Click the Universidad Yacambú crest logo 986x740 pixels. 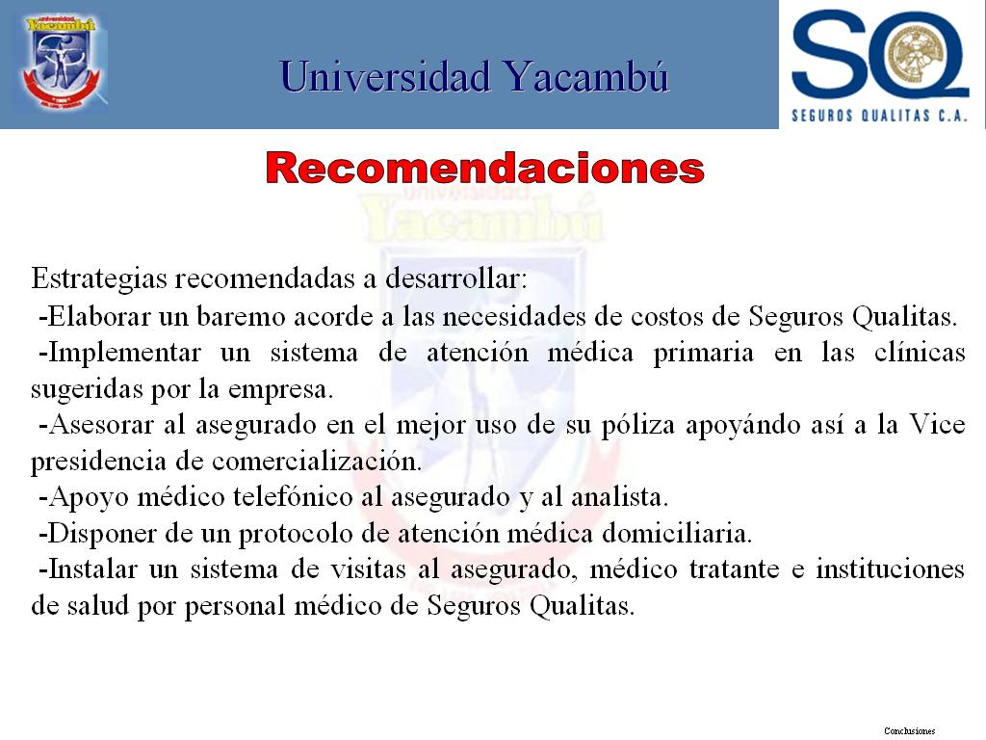tap(62, 62)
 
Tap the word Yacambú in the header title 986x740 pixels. tap(586, 77)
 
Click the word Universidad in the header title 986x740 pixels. tap(385, 77)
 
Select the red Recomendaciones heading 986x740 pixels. tap(485, 169)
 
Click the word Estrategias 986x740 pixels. tap(99, 278)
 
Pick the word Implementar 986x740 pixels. tap(125, 353)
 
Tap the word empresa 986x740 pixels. tap(280, 390)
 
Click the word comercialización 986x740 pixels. tap(316, 462)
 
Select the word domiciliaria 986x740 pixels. tap(677, 534)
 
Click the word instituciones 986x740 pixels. tap(890, 569)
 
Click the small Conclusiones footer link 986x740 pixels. tap(909, 730)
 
